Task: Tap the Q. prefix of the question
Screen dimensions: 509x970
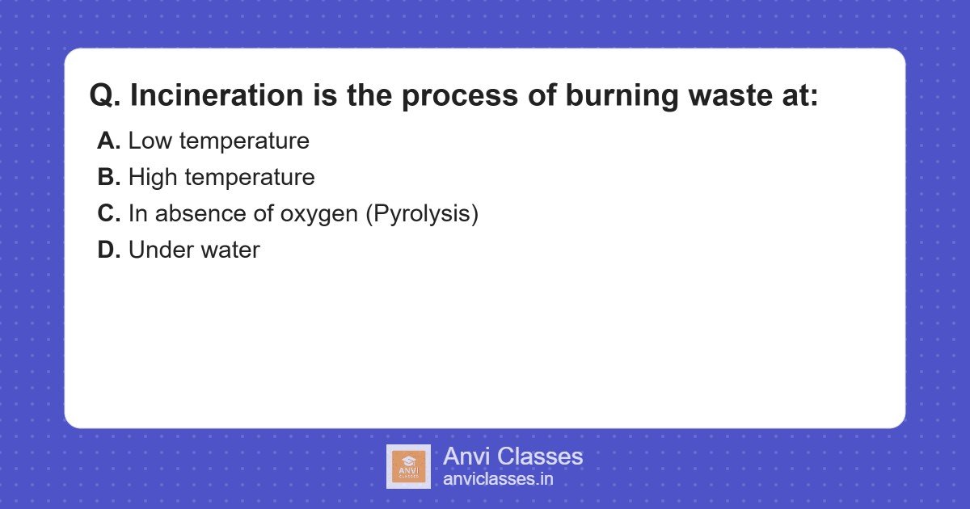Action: pyautogui.click(x=105, y=95)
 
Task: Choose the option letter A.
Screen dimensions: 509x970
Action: pyautogui.click(x=108, y=141)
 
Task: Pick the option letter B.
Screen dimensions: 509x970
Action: pyautogui.click(x=108, y=177)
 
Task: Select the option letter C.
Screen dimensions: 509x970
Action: pyautogui.click(x=108, y=213)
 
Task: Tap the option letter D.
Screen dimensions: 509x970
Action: pyautogui.click(x=108, y=250)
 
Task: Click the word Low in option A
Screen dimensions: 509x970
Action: pyautogui.click(x=150, y=141)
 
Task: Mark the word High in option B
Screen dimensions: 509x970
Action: pyautogui.click(x=154, y=177)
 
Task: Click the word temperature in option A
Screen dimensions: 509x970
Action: pyautogui.click(x=244, y=141)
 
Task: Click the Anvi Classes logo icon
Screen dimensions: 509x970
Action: pyautogui.click(x=408, y=466)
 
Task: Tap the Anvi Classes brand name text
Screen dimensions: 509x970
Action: pyautogui.click(x=512, y=456)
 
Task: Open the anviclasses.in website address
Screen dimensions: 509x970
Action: pyautogui.click(x=498, y=479)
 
